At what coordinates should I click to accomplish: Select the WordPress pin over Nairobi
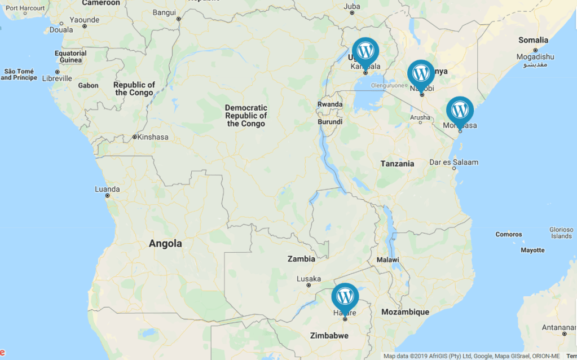[421, 73]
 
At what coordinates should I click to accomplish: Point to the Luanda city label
[107, 189]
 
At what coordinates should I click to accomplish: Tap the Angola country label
[165, 244]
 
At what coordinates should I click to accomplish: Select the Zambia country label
[301, 259]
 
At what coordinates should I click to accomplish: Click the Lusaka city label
[309, 279]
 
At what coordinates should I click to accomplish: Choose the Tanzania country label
[397, 164]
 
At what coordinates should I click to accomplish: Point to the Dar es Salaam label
[453, 163]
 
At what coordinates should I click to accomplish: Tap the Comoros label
[509, 234]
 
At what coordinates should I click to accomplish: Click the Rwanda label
[329, 104]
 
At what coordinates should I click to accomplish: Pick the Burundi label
[330, 121]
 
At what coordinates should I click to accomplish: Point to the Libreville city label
[58, 78]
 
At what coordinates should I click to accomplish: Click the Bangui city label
[164, 12]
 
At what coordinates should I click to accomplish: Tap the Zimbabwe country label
[329, 336]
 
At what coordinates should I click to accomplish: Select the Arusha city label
[420, 117]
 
